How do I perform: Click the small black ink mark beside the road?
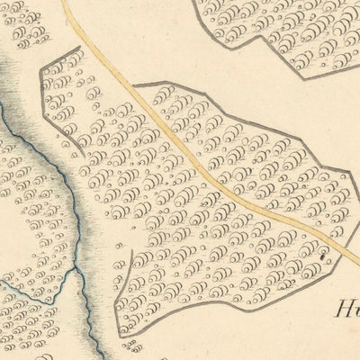[x=320, y=257]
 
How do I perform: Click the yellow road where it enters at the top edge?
[x=65, y=3]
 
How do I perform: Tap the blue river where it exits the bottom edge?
[x=96, y=357]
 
